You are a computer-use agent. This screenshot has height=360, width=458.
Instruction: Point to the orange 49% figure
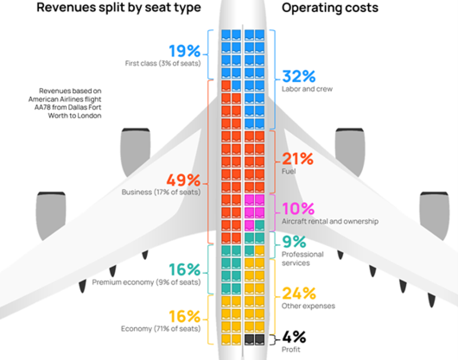coord(182,181)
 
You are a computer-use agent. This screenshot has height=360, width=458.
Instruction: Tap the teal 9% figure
coord(294,243)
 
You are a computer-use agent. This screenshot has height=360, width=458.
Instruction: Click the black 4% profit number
coord(295,338)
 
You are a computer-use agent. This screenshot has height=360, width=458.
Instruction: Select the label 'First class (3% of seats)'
coord(162,64)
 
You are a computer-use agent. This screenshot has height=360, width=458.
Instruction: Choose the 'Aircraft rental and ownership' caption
coord(330,222)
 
